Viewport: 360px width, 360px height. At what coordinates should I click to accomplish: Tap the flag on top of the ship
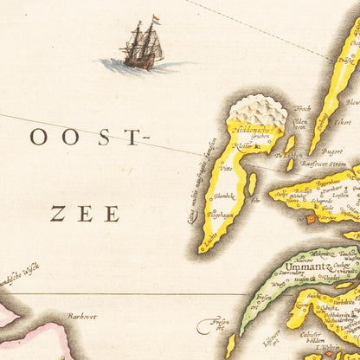(x=156, y=19)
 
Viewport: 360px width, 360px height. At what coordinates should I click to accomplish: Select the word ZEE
(x=84, y=211)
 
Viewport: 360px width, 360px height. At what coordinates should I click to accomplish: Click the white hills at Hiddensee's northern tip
(x=257, y=111)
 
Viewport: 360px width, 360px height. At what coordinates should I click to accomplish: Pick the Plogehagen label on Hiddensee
(x=222, y=214)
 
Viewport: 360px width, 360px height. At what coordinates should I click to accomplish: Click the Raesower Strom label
(x=322, y=162)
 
